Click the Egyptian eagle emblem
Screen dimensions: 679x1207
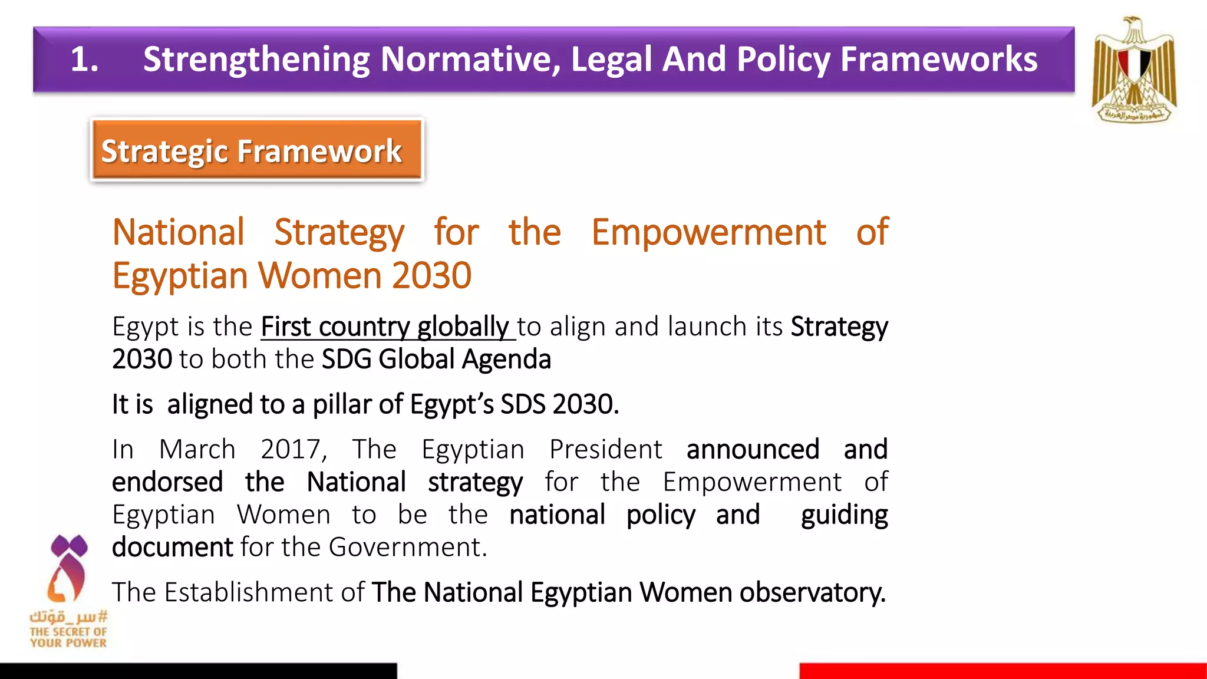click(x=1133, y=70)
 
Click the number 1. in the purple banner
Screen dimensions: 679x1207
click(x=84, y=60)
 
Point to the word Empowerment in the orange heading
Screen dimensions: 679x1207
click(x=708, y=232)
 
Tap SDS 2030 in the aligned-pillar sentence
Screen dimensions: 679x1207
click(x=559, y=404)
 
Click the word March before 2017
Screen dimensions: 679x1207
click(x=197, y=450)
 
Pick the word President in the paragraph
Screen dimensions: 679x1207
click(x=605, y=450)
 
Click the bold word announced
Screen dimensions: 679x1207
click(x=753, y=450)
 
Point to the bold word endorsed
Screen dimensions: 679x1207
click(x=167, y=482)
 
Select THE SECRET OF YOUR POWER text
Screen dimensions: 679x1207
click(x=68, y=637)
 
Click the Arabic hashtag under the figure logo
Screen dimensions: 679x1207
click(x=68, y=617)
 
